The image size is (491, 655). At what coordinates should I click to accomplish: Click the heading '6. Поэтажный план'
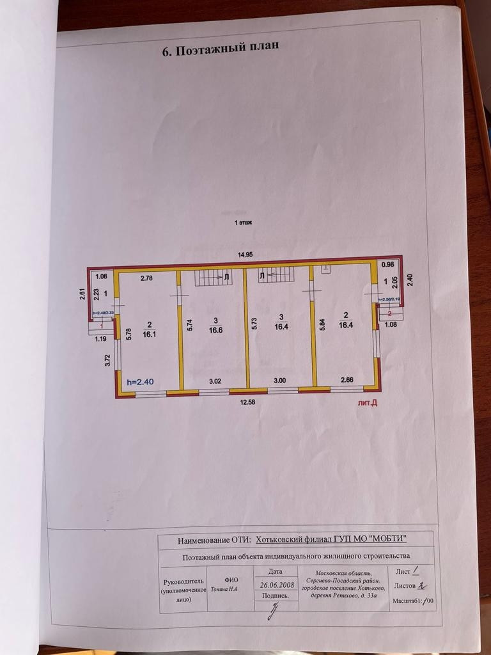pos(221,51)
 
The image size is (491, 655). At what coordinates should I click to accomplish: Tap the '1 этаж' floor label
pos(244,222)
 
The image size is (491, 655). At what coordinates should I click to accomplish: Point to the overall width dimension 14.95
pos(245,255)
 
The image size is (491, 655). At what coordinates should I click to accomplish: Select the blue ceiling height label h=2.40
pos(141,381)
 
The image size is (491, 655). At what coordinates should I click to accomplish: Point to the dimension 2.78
pos(147,278)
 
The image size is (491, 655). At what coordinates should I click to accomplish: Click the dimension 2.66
pos(346,380)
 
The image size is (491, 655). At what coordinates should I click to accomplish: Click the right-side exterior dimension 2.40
pos(410,280)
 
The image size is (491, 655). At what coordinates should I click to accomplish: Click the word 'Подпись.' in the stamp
pos(275,595)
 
